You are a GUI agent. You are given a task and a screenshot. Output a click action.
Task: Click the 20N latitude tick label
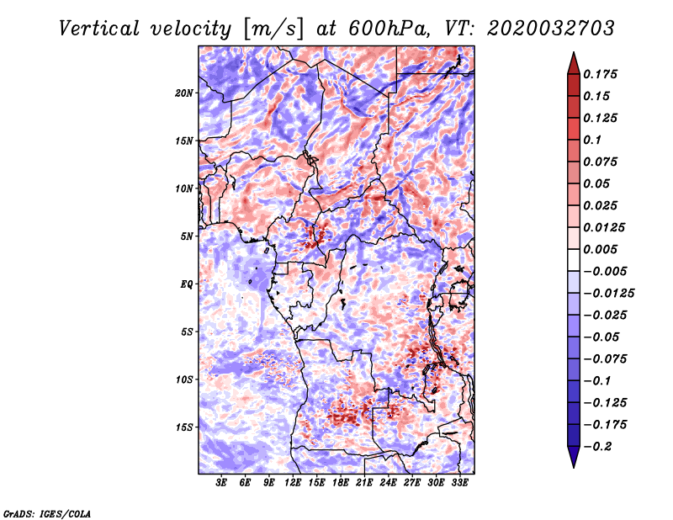184,93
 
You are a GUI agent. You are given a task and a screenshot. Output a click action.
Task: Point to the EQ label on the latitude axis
186,284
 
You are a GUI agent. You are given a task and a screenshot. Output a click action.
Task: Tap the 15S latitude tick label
184,427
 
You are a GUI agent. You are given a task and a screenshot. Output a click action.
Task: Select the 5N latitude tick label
187,236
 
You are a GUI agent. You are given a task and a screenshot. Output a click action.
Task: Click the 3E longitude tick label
222,483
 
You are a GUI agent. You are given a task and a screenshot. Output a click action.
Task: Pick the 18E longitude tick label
341,483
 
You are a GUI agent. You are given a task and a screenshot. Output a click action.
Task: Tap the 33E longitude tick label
460,483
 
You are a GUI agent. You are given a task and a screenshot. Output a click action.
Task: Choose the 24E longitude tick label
389,483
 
